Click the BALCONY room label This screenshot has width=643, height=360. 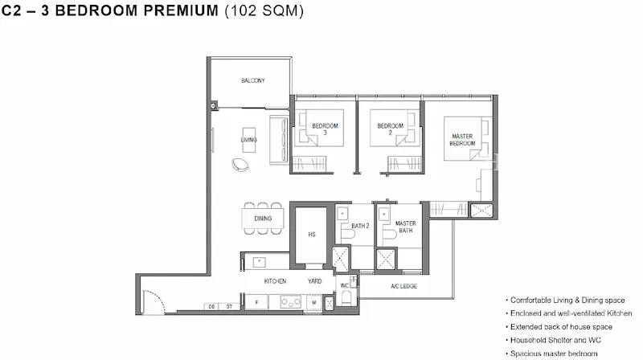click(253, 80)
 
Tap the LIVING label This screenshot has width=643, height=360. click(248, 140)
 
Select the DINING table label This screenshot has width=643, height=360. click(263, 219)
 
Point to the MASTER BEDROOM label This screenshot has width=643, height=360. click(462, 140)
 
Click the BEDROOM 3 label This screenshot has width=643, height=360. click(326, 129)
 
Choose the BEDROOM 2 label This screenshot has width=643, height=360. click(391, 129)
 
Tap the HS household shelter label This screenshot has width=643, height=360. click(312, 235)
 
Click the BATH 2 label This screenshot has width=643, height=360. click(360, 226)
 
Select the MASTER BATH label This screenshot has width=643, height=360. click(406, 227)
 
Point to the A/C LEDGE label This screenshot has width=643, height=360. click(404, 286)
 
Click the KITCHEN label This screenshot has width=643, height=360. click(275, 281)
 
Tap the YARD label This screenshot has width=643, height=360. click(314, 281)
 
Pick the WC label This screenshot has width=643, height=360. click(345, 285)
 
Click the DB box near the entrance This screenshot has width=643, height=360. click(211, 306)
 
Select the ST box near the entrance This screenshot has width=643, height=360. click(229, 306)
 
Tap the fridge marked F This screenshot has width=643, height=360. click(256, 302)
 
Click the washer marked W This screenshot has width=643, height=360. click(313, 302)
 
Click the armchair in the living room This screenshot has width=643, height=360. click(240, 165)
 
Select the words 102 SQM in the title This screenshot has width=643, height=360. click(264, 10)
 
